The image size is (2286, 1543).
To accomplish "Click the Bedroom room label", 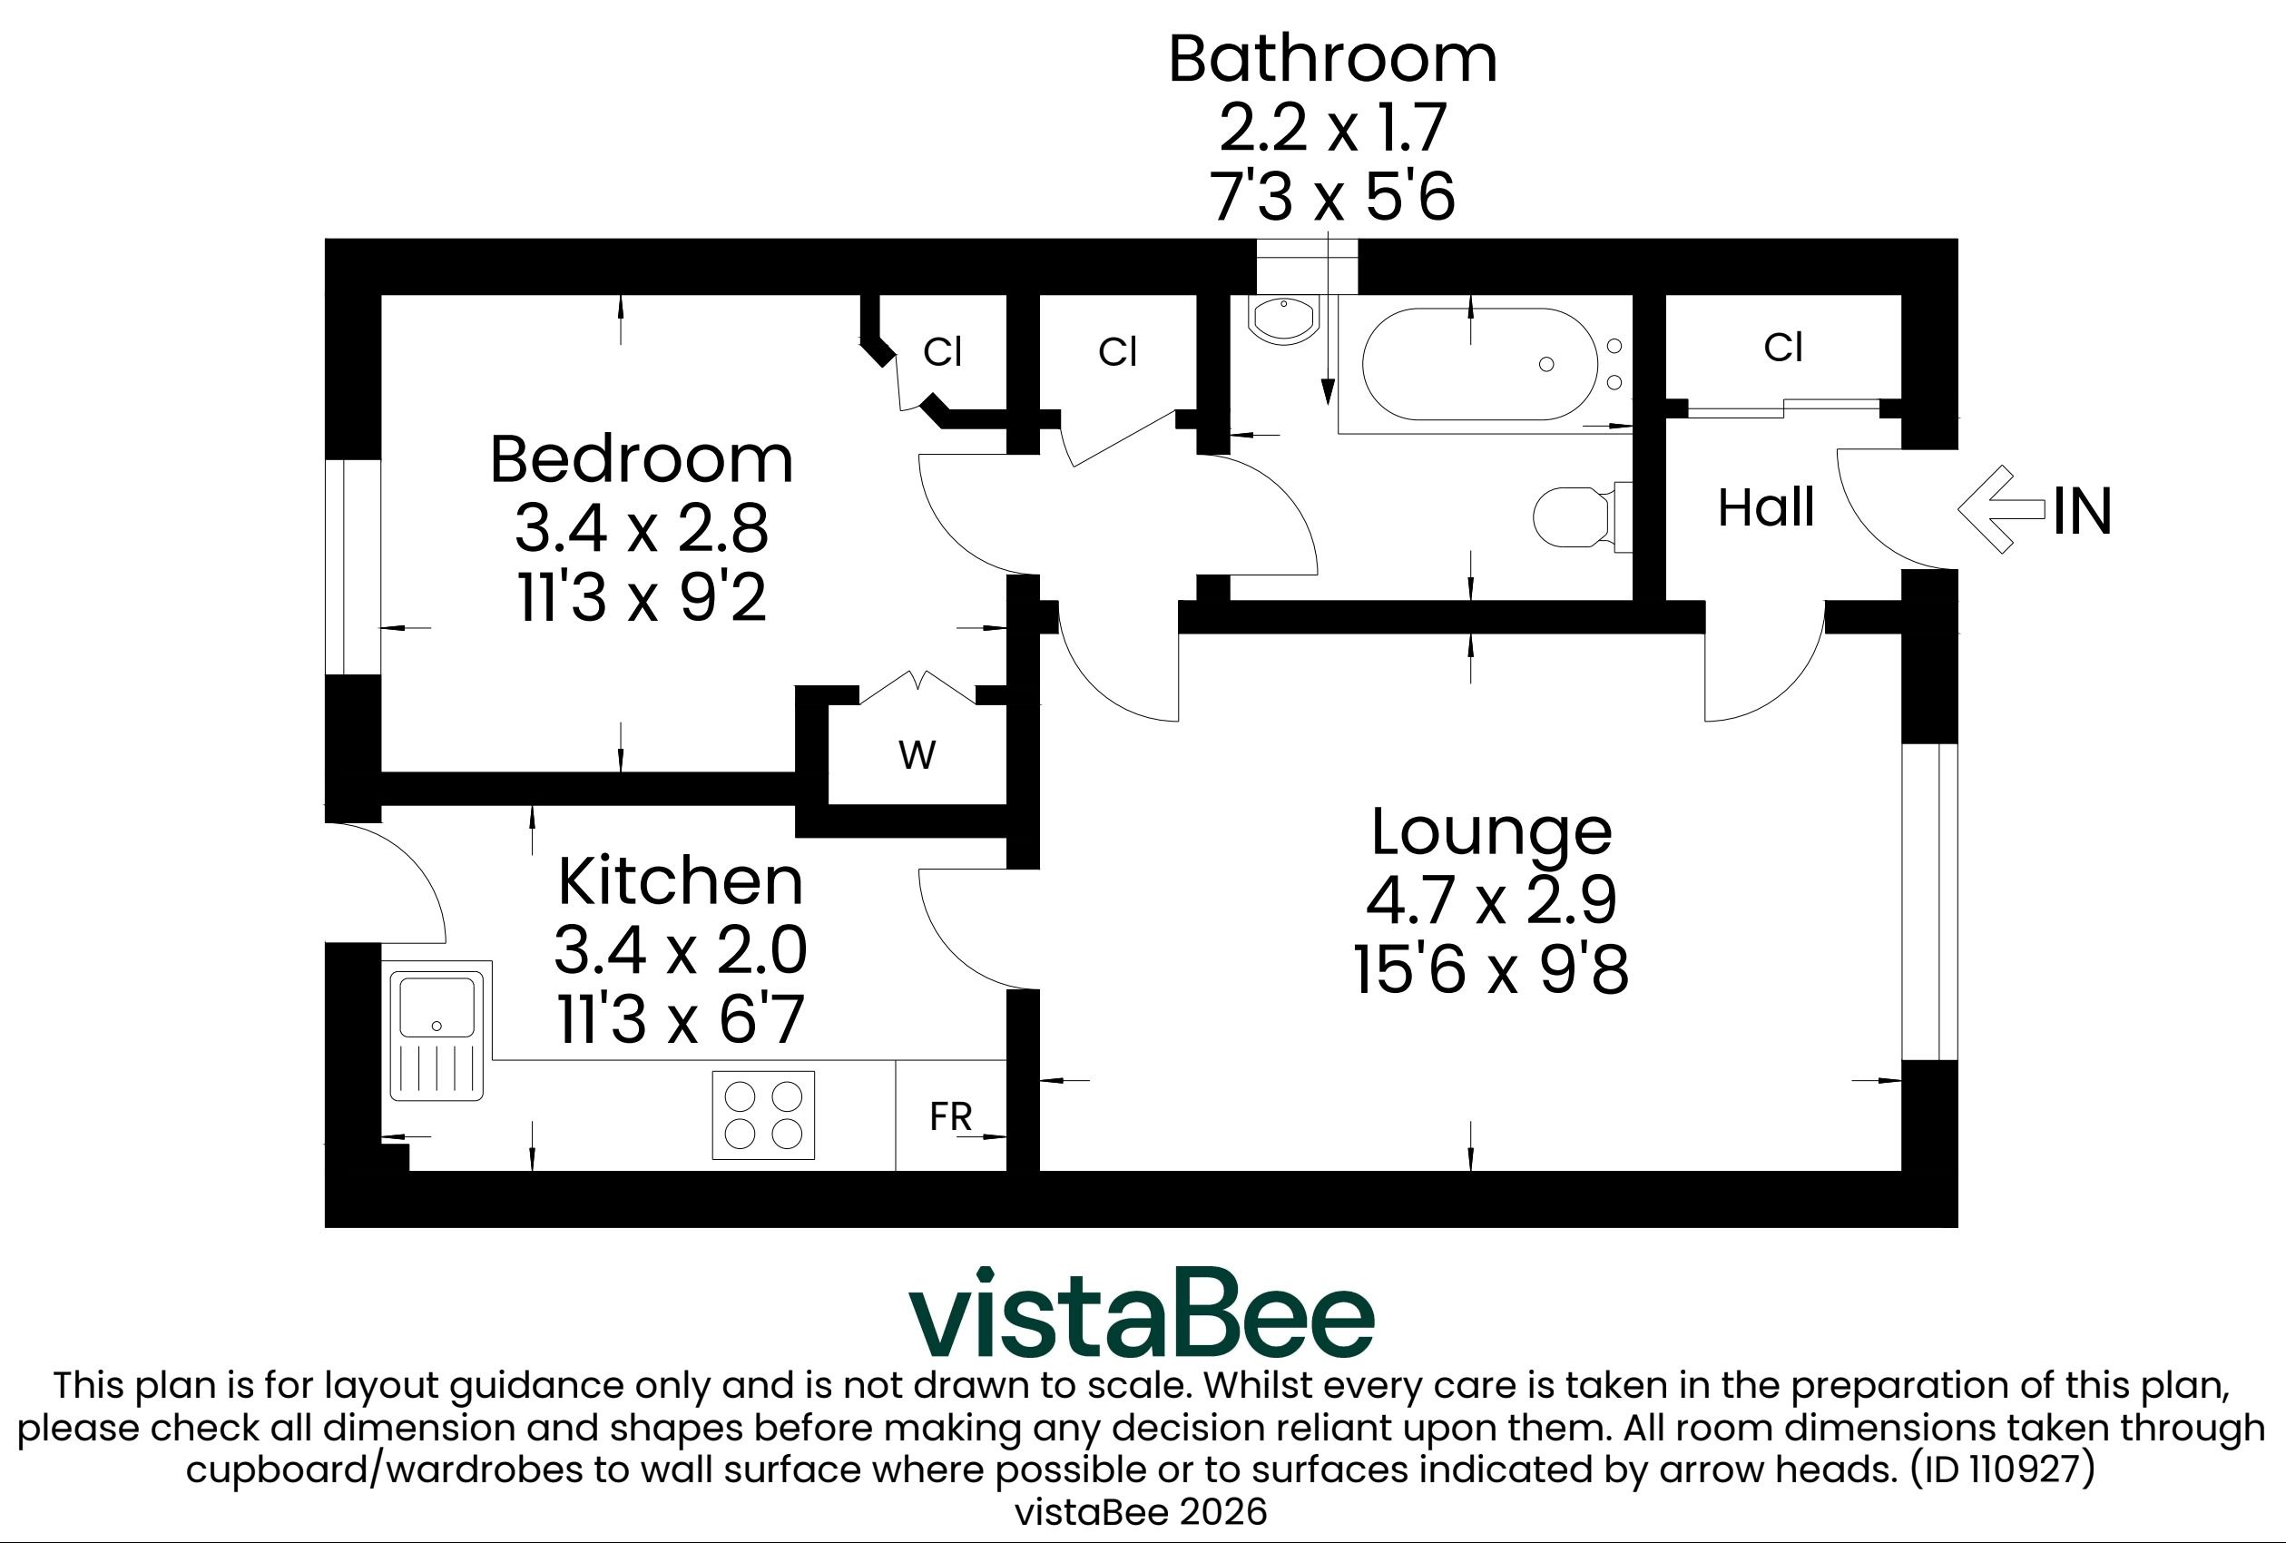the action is [642, 459].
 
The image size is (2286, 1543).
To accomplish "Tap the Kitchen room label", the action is [681, 880].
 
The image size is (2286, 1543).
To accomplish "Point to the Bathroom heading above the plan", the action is [1333, 59].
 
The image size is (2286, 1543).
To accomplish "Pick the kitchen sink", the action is [437, 1036].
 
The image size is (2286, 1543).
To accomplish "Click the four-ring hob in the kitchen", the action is [763, 1115].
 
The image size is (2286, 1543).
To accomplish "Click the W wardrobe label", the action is [917, 756].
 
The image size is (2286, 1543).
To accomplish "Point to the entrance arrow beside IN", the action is [2003, 509].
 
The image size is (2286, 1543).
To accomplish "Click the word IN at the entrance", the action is [2083, 512].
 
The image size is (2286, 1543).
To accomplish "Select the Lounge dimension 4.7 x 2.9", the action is [1491, 900].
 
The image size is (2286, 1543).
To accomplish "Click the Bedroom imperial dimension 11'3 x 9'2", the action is [642, 596].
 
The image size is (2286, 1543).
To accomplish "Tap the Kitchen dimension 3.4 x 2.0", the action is [681, 949].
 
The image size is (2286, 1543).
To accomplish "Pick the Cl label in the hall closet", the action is [1782, 348].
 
